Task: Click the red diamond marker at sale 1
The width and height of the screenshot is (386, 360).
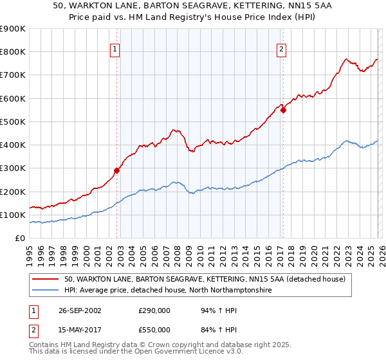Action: coord(117,170)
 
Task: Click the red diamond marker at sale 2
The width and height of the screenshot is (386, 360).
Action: coord(284,110)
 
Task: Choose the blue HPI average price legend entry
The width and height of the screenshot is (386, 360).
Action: coord(167,291)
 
